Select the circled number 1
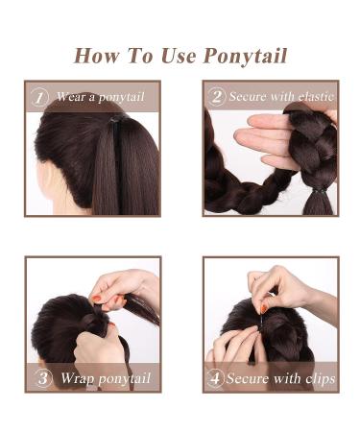[x=40, y=97]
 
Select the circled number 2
[x=217, y=97]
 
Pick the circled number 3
[x=42, y=377]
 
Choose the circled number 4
[x=216, y=377]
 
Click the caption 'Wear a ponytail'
[x=100, y=97]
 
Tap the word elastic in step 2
[x=308, y=97]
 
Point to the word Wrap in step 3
[x=77, y=377]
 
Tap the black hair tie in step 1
[x=115, y=123]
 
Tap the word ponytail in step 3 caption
[x=123, y=378]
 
